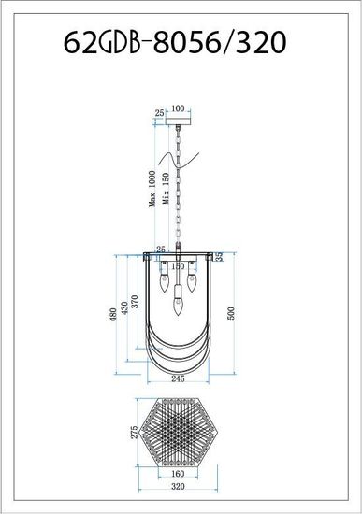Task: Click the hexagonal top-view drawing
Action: click(179, 436)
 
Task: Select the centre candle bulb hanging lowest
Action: click(178, 299)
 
